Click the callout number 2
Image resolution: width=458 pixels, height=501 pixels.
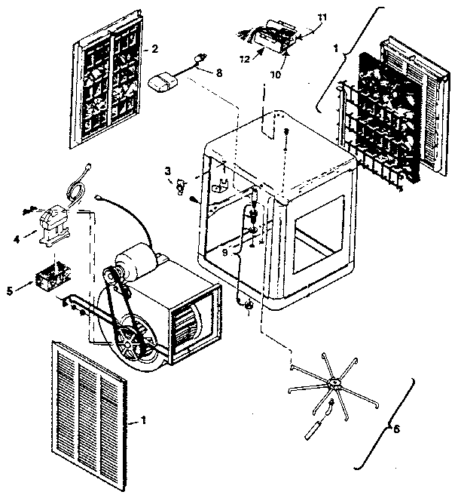click(154, 48)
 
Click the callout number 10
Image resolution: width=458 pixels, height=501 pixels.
click(275, 75)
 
